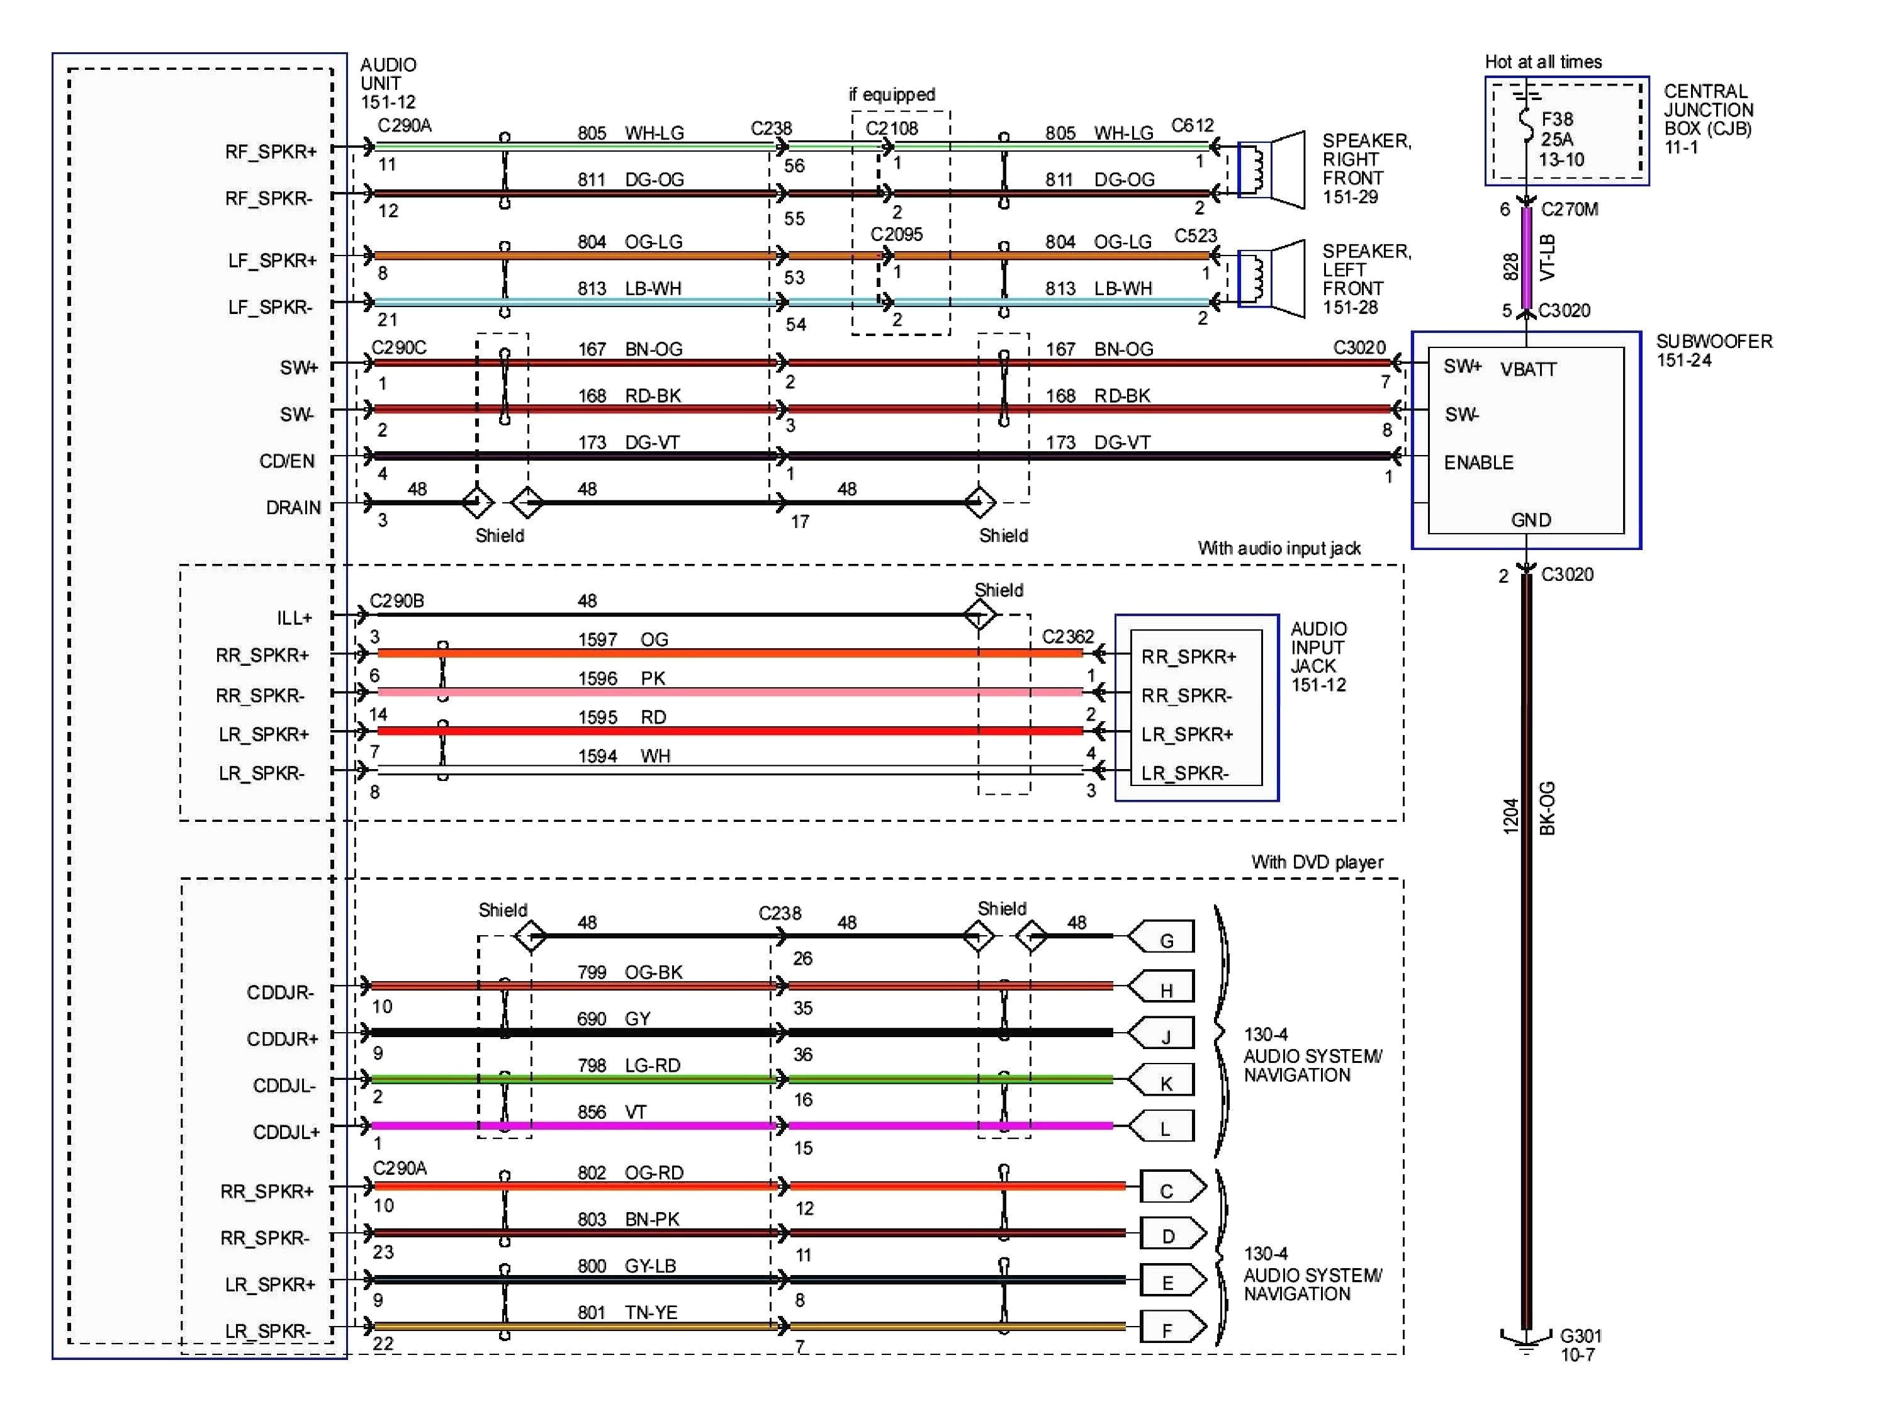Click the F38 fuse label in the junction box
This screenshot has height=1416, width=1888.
click(x=1557, y=120)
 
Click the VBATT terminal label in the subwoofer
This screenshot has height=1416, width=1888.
click(x=1529, y=369)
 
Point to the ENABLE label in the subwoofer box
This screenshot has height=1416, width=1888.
click(x=1478, y=463)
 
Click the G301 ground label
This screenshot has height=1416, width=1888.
click(x=1581, y=1336)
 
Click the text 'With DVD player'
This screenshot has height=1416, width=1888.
click(x=1317, y=862)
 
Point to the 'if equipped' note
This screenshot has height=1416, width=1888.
click(x=891, y=94)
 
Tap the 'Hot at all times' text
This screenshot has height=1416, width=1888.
click(x=1543, y=62)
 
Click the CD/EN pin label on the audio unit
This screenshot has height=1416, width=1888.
click(x=287, y=461)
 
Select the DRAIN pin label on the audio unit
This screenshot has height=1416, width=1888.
click(x=293, y=508)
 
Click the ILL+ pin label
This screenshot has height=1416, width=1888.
click(x=294, y=617)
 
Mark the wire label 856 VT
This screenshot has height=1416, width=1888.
click(x=612, y=1111)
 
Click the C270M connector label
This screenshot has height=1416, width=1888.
click(x=1569, y=209)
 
